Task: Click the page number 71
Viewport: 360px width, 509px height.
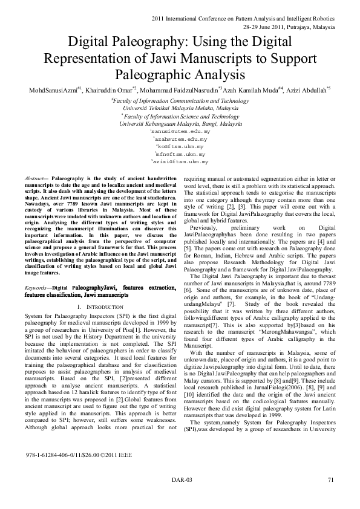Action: (330, 480)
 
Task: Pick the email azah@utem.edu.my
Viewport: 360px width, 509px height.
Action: (181, 139)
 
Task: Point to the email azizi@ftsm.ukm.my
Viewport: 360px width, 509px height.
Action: (179, 163)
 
